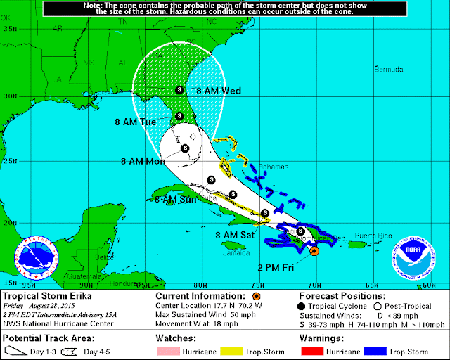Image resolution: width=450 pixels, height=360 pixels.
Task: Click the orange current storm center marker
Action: (x=314, y=250)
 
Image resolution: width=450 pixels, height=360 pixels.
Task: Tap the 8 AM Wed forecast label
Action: (x=219, y=91)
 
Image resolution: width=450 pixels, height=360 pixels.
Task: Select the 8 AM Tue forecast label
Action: (x=136, y=122)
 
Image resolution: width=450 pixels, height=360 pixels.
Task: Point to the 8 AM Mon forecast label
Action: (x=142, y=161)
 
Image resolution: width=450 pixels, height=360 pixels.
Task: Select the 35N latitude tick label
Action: (x=9, y=28)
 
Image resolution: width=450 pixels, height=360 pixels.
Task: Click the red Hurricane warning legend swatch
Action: (x=312, y=349)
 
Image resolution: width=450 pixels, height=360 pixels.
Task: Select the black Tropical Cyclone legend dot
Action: (x=304, y=306)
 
